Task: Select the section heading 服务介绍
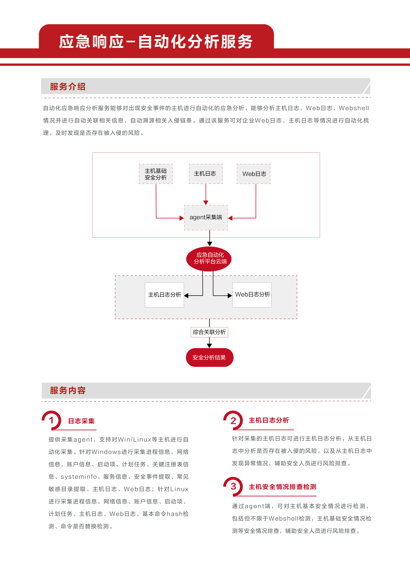68,87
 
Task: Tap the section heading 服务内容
68,391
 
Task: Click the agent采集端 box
206,218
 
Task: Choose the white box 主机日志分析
164,295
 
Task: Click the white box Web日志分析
252,295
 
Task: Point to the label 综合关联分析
209,332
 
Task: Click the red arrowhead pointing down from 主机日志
206,203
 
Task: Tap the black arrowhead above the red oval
210,244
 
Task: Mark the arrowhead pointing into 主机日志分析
186,296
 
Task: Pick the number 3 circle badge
233,486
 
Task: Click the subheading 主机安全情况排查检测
282,487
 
